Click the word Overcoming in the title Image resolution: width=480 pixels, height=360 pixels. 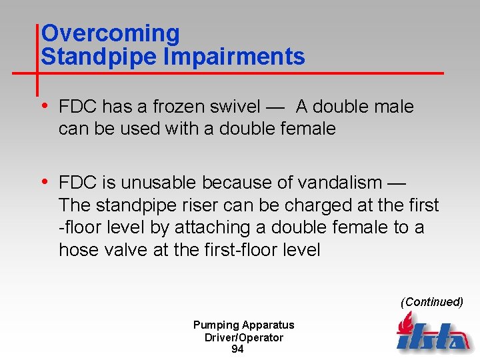pyautogui.click(x=110, y=33)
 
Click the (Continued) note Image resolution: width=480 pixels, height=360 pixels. pyautogui.click(x=431, y=302)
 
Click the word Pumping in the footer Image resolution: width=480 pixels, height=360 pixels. pyautogui.click(x=215, y=325)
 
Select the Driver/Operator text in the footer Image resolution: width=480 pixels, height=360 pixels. pyautogui.click(x=243, y=337)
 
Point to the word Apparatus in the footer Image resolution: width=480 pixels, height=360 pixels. pyautogui.click(x=268, y=325)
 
